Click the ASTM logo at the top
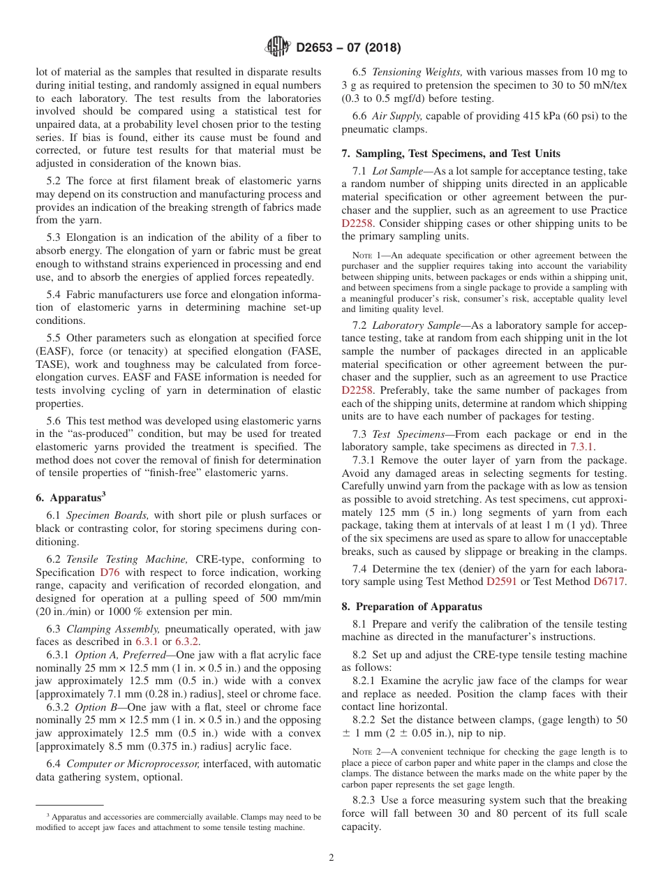[x=278, y=47]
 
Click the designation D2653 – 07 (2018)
[x=348, y=48]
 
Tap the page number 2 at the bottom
[x=331, y=858]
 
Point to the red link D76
[x=110, y=572]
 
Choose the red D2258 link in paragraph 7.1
[x=357, y=223]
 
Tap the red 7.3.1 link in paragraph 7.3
[x=581, y=446]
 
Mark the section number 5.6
[x=54, y=421]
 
